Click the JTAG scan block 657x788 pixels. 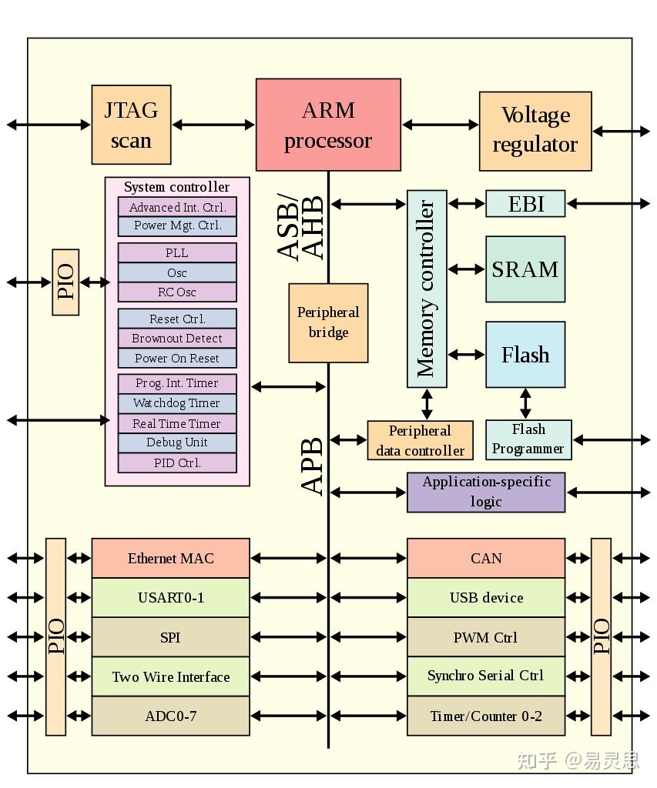point(131,125)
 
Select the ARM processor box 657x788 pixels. point(328,125)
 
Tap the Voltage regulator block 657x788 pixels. point(535,131)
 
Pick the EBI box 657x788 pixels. point(525,204)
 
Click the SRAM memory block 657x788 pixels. point(525,269)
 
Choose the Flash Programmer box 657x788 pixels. point(528,439)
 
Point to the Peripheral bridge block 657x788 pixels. point(328,322)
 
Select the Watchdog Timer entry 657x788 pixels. point(176,403)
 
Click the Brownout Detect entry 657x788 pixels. point(176,339)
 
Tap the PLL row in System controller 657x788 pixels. point(176,253)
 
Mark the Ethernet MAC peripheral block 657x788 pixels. point(170,559)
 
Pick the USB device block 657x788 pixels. point(486,598)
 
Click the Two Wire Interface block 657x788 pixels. point(170,677)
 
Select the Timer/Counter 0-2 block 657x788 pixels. point(486,716)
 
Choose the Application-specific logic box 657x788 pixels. point(486,492)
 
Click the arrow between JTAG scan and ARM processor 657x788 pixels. point(213,124)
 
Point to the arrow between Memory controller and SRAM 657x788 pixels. point(467,269)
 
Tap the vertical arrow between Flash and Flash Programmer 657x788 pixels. point(525,403)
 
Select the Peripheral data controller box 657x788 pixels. point(420,441)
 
